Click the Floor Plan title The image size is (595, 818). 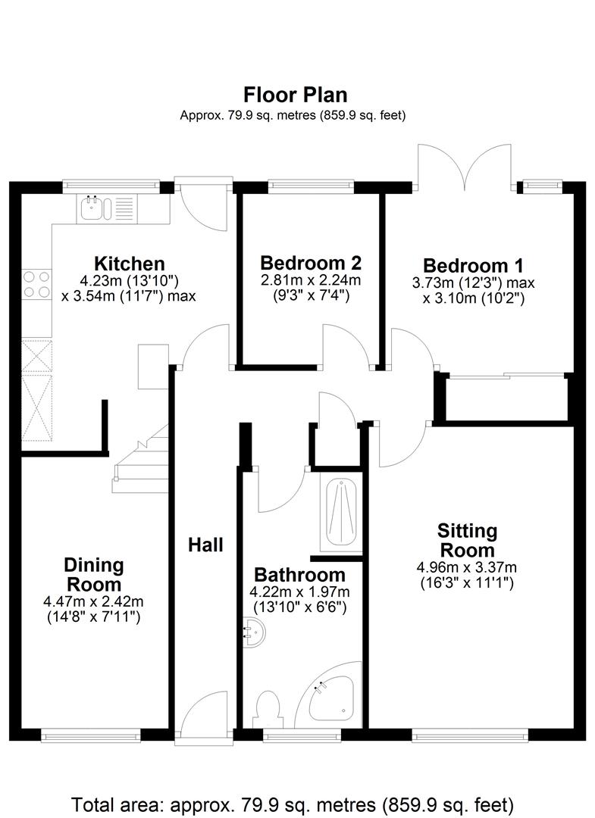[296, 95]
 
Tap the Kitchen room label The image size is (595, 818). [130, 263]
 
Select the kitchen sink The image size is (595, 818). [108, 208]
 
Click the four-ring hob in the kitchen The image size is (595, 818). [36, 284]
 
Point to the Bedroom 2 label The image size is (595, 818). [311, 262]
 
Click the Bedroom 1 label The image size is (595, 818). [473, 266]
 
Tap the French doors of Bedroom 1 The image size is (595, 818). [464, 166]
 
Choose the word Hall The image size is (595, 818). [205, 545]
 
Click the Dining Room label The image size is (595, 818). [94, 574]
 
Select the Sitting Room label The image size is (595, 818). [467, 541]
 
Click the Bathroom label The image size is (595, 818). [299, 575]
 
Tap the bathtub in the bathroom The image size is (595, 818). [341, 513]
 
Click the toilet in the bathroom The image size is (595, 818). [268, 708]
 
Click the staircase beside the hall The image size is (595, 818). [141, 459]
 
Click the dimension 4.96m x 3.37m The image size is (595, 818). [467, 567]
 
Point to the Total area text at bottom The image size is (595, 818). [293, 804]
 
